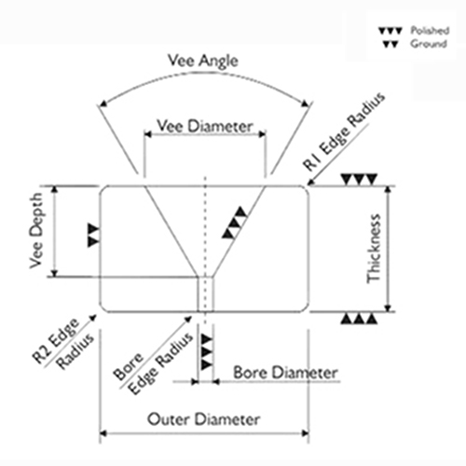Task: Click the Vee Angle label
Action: pyautogui.click(x=203, y=62)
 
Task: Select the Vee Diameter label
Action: pyautogui.click(x=205, y=126)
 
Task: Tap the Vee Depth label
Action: pyautogui.click(x=36, y=230)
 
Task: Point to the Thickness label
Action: pyautogui.click(x=374, y=248)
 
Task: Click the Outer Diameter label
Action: pyautogui.click(x=204, y=419)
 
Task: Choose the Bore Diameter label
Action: pyautogui.click(x=285, y=372)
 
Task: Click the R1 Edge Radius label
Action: pyautogui.click(x=344, y=131)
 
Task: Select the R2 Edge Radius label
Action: pyautogui.click(x=63, y=344)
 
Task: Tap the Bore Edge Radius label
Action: pyautogui.click(x=153, y=363)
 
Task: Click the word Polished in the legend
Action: pyautogui.click(x=430, y=31)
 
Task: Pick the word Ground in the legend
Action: pyautogui.click(x=429, y=44)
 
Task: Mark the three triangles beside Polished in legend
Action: pyautogui.click(x=391, y=31)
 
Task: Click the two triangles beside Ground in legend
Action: pyautogui.click(x=391, y=44)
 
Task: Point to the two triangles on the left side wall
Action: pyautogui.click(x=93, y=235)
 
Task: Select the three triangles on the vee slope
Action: pyautogui.click(x=235, y=223)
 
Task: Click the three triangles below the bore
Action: pyautogui.click(x=207, y=352)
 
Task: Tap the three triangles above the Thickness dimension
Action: pyautogui.click(x=359, y=179)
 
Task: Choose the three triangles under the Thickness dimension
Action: pyautogui.click(x=359, y=319)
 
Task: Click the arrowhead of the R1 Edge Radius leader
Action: pyautogui.click(x=311, y=182)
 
